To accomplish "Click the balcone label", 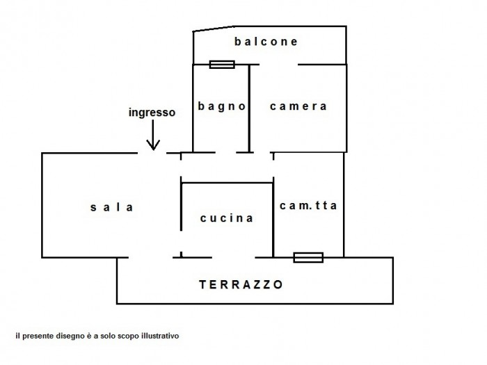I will (x=266, y=42).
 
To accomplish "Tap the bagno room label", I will (x=222, y=106).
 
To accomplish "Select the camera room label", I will (x=298, y=106).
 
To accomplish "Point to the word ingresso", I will (x=152, y=111).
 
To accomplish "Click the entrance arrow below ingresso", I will (x=152, y=139).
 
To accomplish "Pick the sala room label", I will (x=111, y=207).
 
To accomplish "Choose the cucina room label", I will (x=226, y=218).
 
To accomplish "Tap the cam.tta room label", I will (x=308, y=206).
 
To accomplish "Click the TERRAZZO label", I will (x=241, y=284).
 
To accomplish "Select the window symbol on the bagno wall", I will (x=222, y=65).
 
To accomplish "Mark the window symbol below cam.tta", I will (x=308, y=257).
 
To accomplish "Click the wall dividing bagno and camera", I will (x=249, y=108).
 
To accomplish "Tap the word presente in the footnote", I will (x=34, y=335).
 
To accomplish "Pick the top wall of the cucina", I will (x=227, y=183).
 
